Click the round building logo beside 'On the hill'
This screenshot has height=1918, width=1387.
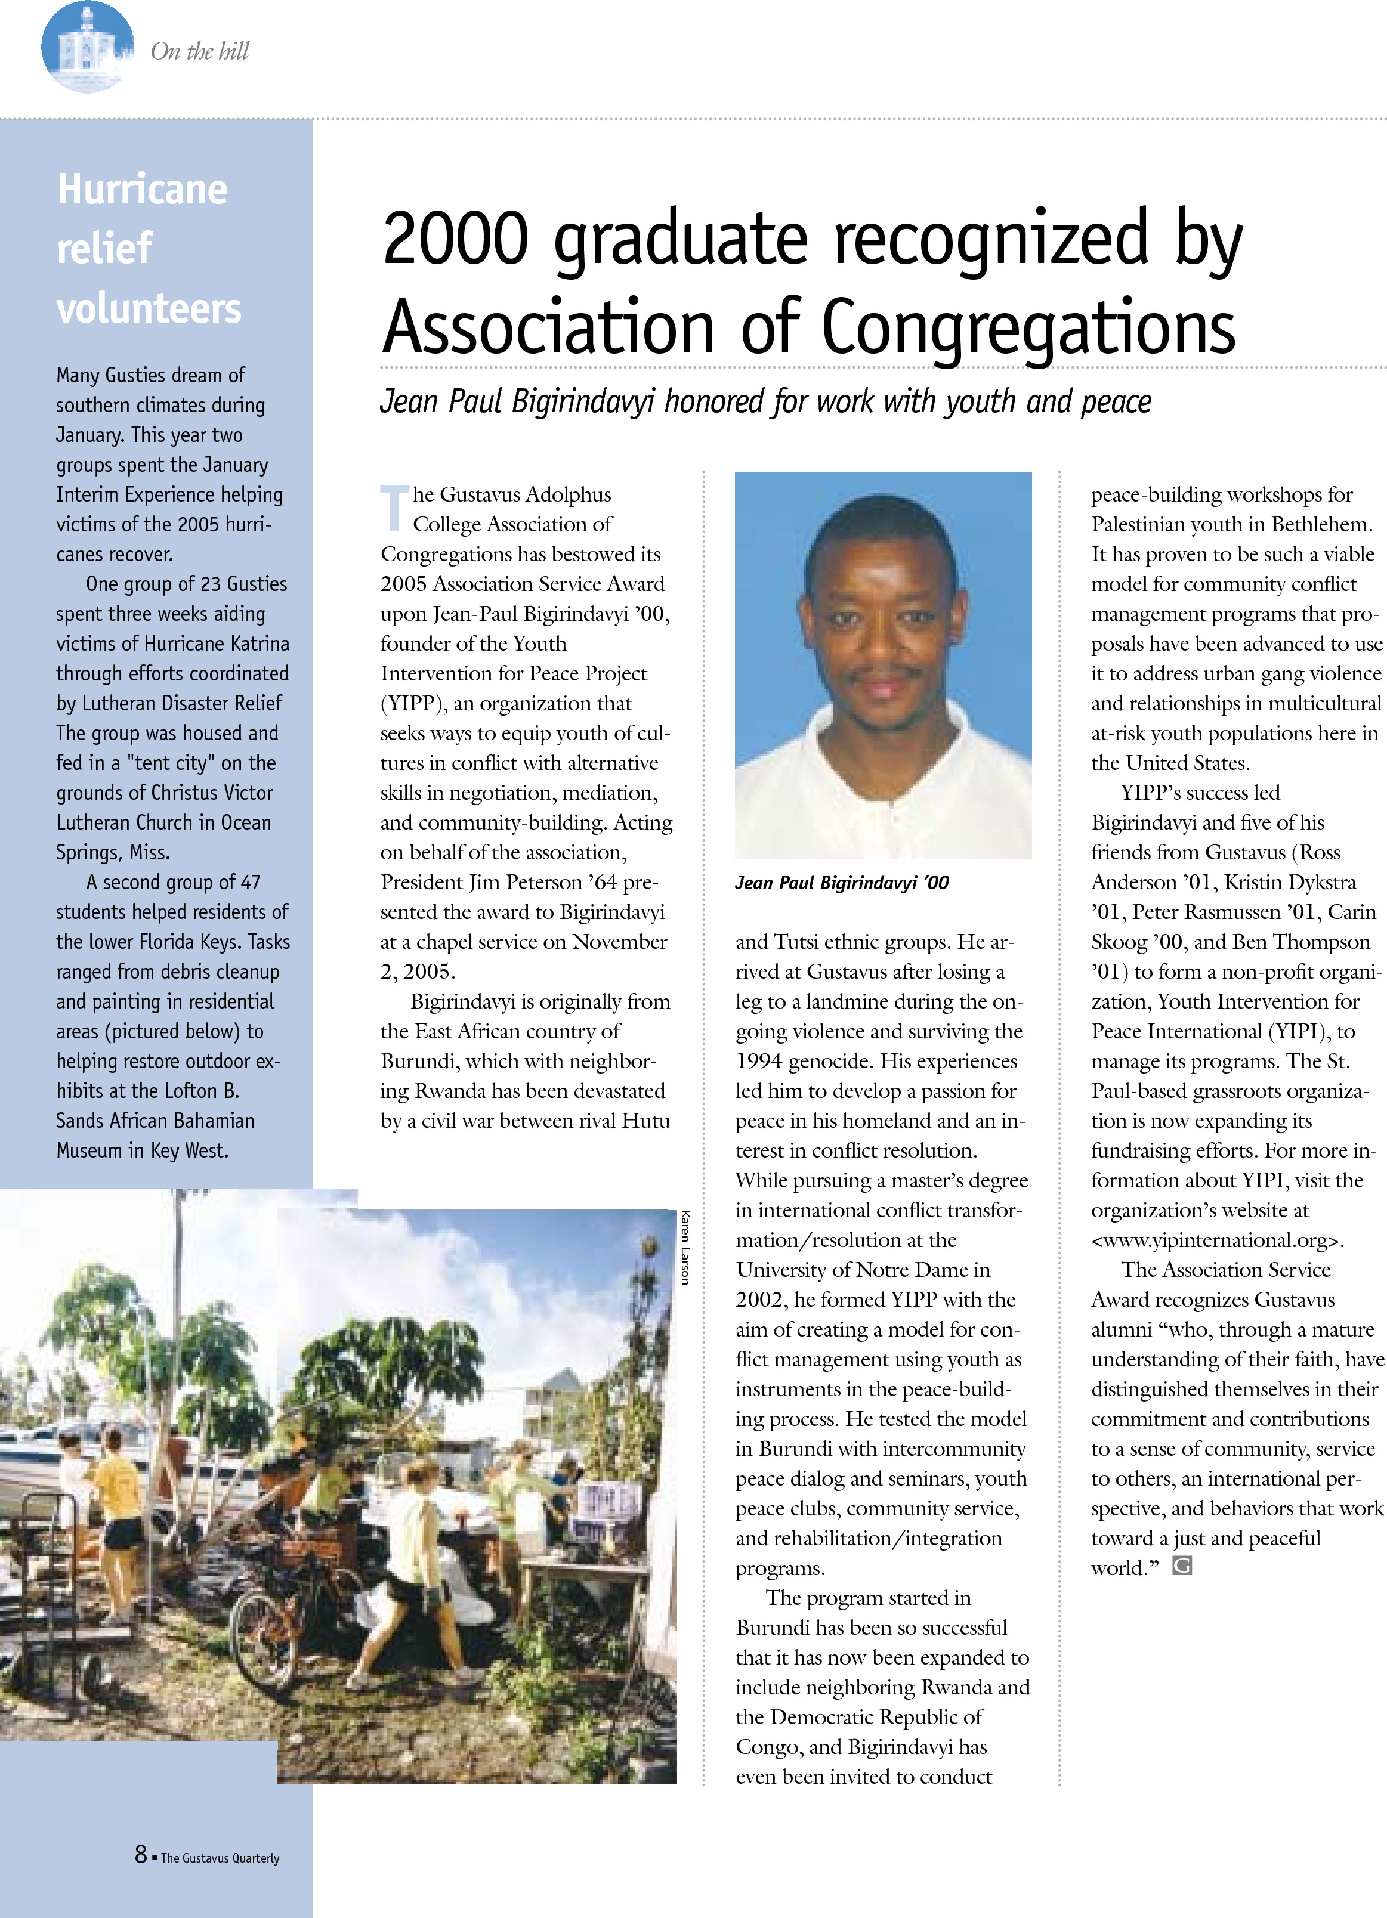point(87,47)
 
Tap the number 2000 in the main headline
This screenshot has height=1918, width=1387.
point(456,239)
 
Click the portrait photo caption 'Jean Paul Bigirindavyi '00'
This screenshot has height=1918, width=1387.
point(842,883)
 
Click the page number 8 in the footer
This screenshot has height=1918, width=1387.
point(140,1855)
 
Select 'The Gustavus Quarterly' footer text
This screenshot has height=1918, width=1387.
point(220,1858)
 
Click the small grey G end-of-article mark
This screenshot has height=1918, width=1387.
point(1182,1566)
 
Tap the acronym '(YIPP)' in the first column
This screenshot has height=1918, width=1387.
point(411,704)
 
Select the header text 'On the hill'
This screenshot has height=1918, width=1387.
point(200,51)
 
